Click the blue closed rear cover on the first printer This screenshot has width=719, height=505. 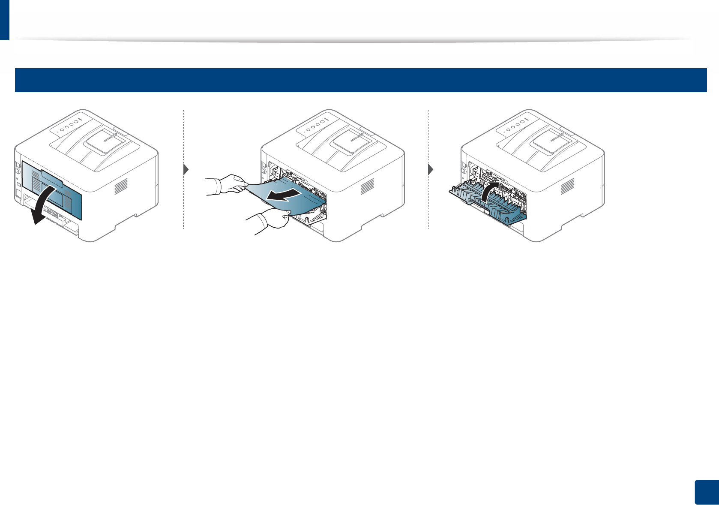click(x=51, y=185)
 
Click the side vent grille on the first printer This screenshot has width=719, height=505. click(x=121, y=186)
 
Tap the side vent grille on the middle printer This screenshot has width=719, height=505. click(x=367, y=186)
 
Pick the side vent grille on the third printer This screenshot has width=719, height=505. click(x=567, y=186)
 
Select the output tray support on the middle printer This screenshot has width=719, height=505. click(x=351, y=142)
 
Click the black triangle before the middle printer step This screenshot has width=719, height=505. click(x=186, y=169)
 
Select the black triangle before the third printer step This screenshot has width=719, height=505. click(x=431, y=169)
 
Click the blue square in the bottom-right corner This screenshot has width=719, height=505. click(x=706, y=493)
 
